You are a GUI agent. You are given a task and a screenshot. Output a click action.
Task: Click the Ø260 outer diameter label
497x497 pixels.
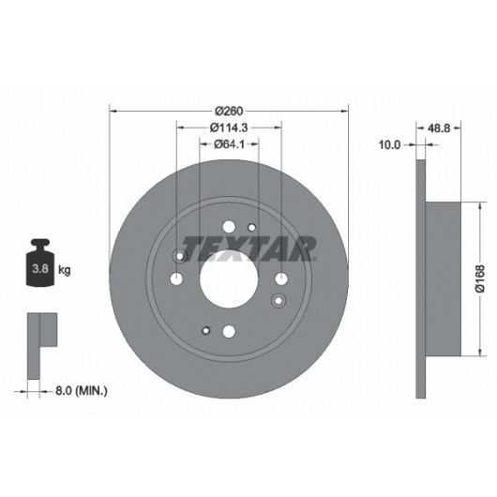click(x=229, y=112)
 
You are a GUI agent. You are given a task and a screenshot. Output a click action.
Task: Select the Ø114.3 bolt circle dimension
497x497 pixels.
click(x=229, y=128)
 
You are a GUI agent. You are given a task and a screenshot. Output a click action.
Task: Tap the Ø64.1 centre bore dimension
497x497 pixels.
click(x=229, y=144)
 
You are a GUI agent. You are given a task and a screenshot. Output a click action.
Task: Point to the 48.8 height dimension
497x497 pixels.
click(x=439, y=128)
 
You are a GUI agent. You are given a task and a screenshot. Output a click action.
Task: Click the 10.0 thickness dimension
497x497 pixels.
click(x=389, y=144)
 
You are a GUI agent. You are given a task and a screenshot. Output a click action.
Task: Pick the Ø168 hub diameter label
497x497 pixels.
click(x=480, y=279)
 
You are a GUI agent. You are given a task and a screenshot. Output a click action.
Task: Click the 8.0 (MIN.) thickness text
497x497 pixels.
click(x=82, y=391)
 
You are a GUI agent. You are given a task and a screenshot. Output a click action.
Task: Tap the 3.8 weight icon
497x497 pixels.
click(x=40, y=263)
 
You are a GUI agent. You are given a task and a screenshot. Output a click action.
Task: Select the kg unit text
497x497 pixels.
click(x=65, y=270)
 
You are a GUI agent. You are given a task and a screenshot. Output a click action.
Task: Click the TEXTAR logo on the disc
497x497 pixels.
click(x=249, y=248)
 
